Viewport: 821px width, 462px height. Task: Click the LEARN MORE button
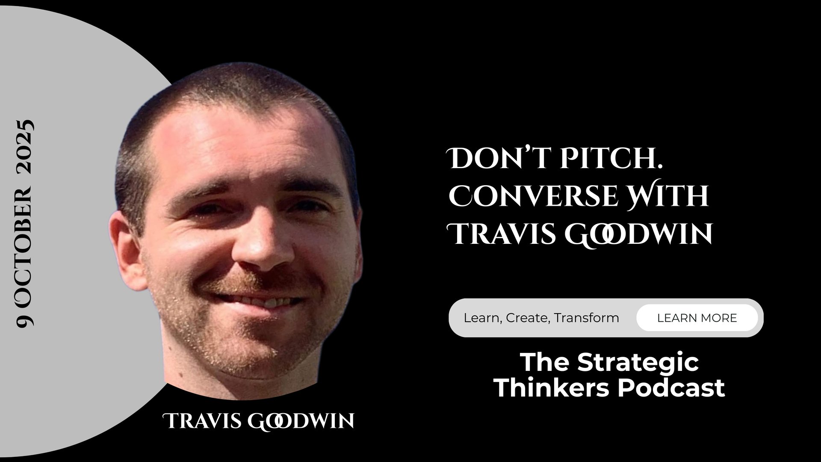697,318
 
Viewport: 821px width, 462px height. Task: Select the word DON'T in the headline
497,159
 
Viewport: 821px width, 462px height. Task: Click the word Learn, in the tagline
483,318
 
